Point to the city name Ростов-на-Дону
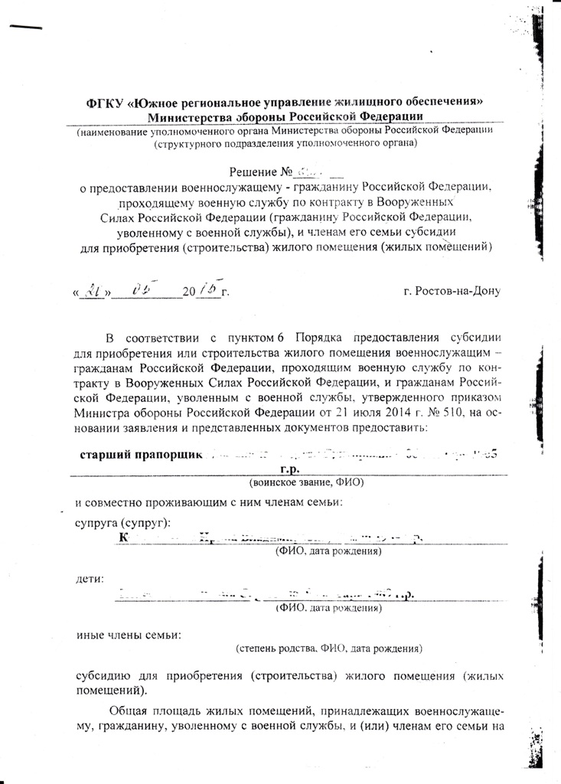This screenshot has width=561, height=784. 452,292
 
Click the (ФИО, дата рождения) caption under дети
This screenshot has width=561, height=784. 329,609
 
